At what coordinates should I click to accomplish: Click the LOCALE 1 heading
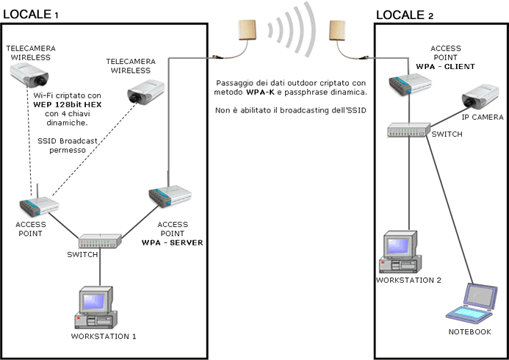(40, 15)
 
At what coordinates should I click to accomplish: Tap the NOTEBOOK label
(469, 332)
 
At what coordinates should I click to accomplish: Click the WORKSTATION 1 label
(104, 336)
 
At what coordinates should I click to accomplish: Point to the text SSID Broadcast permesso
(62, 145)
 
